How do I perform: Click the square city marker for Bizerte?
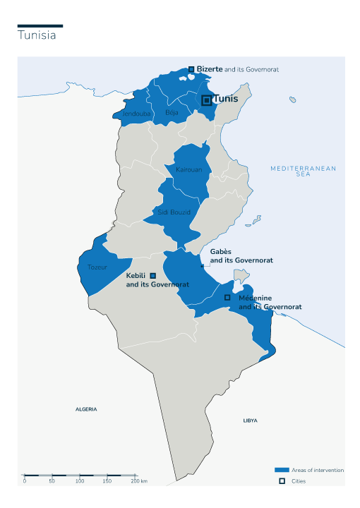click(x=191, y=69)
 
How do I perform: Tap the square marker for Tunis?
click(x=206, y=100)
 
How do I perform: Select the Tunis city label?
click(x=226, y=99)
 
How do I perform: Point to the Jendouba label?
click(x=136, y=114)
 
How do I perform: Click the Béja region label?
click(x=172, y=112)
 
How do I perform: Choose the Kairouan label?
click(x=188, y=170)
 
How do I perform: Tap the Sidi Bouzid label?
click(x=174, y=212)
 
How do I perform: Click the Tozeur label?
click(x=97, y=267)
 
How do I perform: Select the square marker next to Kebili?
click(x=153, y=276)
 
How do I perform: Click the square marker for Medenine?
click(x=227, y=298)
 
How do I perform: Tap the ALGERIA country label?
click(x=86, y=409)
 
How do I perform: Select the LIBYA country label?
click(x=250, y=421)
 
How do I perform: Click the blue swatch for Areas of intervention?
click(x=282, y=470)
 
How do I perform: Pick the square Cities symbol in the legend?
click(x=282, y=481)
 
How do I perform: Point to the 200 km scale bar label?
click(x=138, y=480)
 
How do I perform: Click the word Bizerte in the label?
click(x=210, y=69)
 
